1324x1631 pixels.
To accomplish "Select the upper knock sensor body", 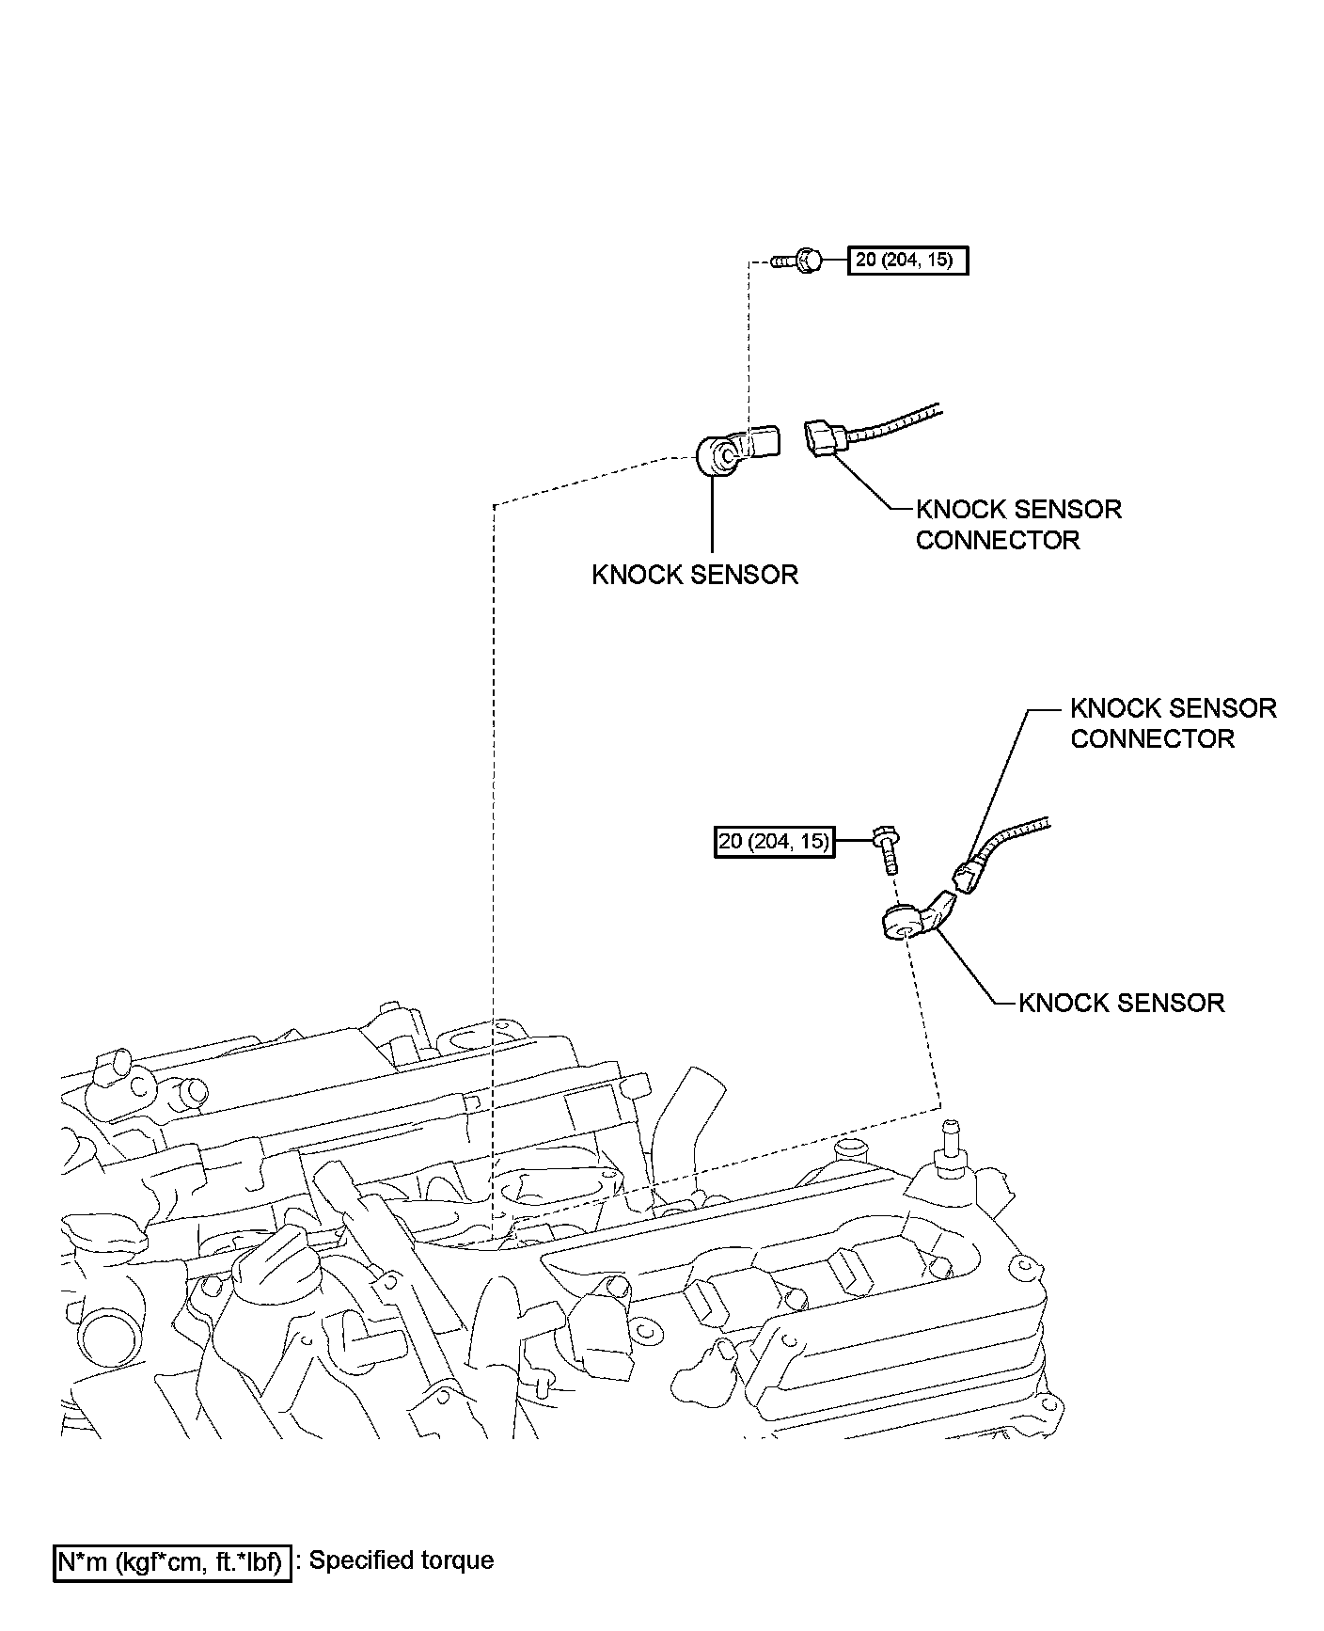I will (724, 454).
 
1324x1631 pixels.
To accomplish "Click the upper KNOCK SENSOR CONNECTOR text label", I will (1018, 525).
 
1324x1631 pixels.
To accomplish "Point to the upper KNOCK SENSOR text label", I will (695, 575).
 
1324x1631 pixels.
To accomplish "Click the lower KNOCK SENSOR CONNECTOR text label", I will (1173, 723).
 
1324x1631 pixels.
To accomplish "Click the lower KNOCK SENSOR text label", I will (1122, 1003).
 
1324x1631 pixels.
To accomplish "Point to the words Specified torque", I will (402, 1560).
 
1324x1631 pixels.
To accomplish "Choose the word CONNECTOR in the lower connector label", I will (1152, 739).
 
